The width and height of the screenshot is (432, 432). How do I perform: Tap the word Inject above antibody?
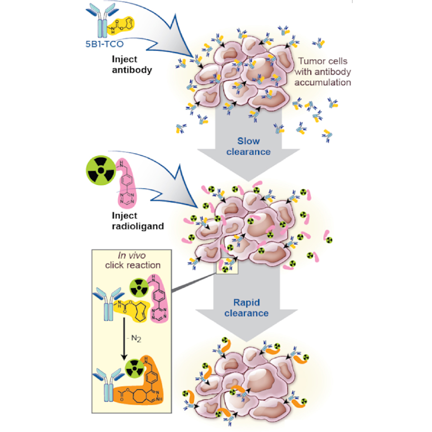coord(125,59)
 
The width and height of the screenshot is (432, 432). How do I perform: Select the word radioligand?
coord(138,226)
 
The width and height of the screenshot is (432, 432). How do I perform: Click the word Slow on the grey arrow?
coord(248,141)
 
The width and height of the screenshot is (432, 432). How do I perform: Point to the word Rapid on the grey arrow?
coord(247,302)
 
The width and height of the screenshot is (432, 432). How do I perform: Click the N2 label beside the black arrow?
coord(136,338)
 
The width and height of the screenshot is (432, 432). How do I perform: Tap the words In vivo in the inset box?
coord(132,256)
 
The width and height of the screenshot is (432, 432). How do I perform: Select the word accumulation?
coord(323,82)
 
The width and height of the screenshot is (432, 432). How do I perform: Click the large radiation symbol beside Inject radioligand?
coord(101,170)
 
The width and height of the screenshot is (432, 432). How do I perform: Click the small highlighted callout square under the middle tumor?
coord(227,267)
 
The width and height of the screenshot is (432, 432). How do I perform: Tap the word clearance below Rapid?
coord(247,313)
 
